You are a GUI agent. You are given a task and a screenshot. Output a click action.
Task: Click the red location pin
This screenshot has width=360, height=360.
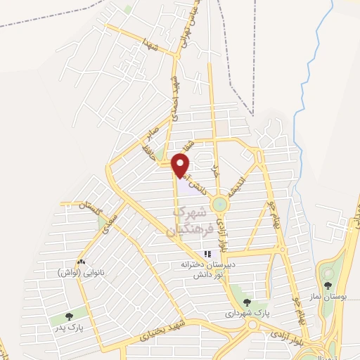(181, 165)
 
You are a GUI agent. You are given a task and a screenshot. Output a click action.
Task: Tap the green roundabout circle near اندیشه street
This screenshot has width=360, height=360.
(220, 205)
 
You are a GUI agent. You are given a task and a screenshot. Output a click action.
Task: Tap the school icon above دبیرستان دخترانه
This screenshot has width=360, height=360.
(207, 255)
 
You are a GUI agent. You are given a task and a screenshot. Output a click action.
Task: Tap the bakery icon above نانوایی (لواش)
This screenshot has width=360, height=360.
(82, 261)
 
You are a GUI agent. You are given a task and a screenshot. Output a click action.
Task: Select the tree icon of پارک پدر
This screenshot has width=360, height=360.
(68, 316)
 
